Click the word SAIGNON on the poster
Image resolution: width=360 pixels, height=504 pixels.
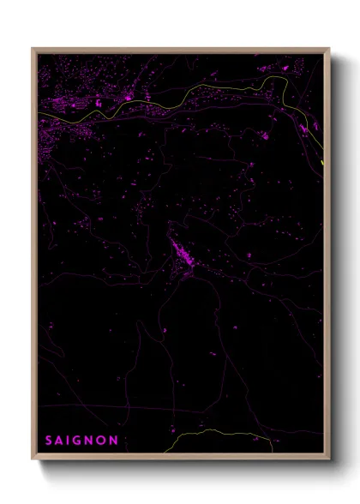click(x=81, y=440)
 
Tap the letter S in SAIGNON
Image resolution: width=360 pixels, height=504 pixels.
click(x=49, y=440)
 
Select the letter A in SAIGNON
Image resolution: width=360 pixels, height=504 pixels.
click(x=60, y=440)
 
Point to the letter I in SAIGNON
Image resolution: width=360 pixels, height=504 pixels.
click(x=69, y=440)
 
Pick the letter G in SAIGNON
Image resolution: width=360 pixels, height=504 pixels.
click(x=78, y=440)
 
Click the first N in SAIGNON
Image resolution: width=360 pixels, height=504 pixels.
click(x=90, y=440)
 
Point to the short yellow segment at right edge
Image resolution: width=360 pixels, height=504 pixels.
click(x=322, y=162)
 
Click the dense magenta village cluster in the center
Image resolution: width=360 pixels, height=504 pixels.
click(x=184, y=253)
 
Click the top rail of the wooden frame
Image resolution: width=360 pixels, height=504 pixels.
click(x=180, y=50)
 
